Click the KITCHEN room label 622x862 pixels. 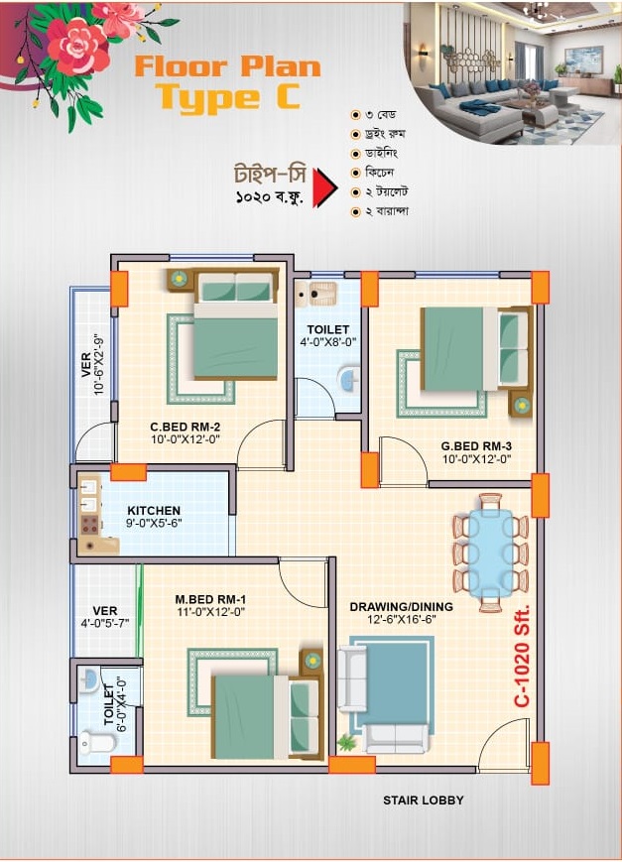click(154, 510)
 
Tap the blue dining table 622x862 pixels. click(491, 554)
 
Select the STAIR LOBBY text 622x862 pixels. click(423, 800)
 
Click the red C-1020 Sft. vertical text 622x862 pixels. click(522, 657)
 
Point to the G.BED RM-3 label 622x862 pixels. click(476, 445)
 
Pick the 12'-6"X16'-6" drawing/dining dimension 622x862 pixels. click(402, 620)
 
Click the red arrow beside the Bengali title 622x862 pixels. click(324, 188)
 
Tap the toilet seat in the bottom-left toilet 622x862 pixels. click(97, 743)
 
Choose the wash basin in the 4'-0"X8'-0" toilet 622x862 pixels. click(348, 379)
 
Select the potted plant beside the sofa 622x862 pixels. click(346, 743)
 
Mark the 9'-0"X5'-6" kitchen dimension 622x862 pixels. click(154, 524)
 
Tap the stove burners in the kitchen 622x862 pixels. click(89, 525)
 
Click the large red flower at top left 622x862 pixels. click(76, 47)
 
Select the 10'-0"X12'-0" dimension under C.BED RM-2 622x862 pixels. click(186, 439)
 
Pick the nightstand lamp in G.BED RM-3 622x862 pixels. click(520, 405)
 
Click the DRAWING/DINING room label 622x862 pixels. click(402, 607)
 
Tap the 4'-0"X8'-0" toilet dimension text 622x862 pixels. click(328, 342)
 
